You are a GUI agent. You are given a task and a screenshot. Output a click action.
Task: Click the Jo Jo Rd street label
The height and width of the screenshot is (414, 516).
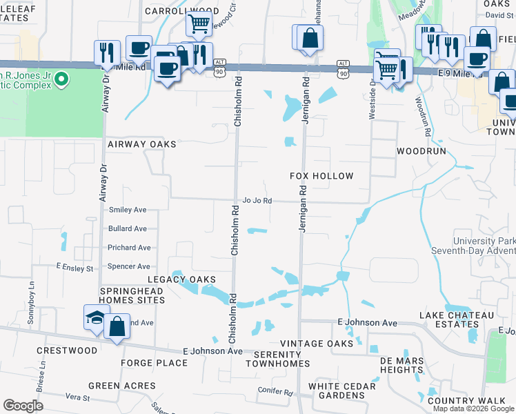tap(257, 201)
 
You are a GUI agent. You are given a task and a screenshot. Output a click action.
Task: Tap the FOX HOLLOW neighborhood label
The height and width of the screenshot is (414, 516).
tap(321, 177)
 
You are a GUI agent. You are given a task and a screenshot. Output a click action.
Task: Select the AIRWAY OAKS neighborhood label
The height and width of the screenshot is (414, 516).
tap(142, 144)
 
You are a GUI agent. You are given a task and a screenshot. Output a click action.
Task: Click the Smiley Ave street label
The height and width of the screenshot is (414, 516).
tap(128, 209)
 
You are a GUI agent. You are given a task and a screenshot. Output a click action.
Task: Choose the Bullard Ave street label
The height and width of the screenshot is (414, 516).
tap(128, 228)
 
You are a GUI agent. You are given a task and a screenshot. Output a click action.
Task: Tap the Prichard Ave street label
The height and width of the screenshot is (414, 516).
tap(128, 248)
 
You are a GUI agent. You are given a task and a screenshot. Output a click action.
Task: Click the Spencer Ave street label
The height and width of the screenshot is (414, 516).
tap(128, 266)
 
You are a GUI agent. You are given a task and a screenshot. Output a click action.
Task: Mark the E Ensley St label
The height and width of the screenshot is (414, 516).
tap(75, 267)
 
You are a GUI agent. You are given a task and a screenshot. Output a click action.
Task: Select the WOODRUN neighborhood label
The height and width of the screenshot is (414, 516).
tap(421, 150)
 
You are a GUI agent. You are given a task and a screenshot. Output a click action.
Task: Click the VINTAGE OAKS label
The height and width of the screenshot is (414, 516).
tap(317, 344)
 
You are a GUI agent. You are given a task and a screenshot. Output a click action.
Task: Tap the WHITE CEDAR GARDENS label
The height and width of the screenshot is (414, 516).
tap(337, 391)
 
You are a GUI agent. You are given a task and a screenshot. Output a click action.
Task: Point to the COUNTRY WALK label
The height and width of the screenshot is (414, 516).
tap(466, 401)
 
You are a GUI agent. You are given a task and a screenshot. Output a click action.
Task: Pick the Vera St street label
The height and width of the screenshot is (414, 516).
tap(77, 398)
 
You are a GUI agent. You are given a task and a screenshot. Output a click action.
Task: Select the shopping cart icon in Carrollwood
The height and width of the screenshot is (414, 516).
tap(199, 24)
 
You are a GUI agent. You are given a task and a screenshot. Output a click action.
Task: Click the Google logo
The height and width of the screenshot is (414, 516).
tap(23, 406)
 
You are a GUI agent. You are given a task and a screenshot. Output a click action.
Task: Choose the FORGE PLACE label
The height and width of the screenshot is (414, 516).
tap(149, 363)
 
